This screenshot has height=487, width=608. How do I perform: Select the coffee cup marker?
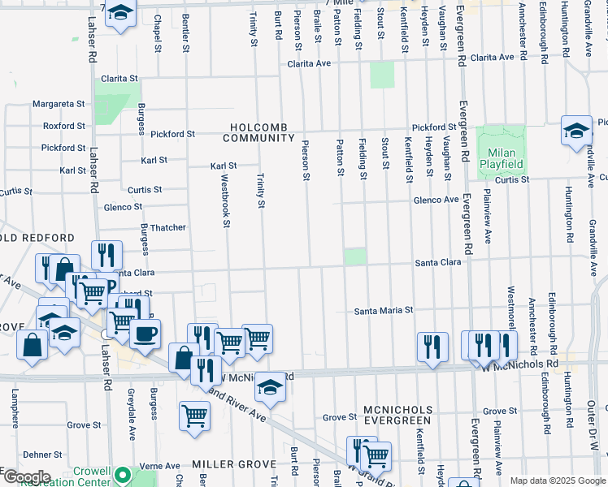[x=145, y=334]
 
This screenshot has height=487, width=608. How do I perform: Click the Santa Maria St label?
[x=384, y=311]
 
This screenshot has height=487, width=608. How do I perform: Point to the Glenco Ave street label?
[x=436, y=200]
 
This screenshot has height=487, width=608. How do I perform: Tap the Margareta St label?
[x=59, y=104]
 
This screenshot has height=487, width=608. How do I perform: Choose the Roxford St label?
[x=63, y=126]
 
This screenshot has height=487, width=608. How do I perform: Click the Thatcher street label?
[x=167, y=228]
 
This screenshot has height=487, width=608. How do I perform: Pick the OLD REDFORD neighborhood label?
[x=39, y=239]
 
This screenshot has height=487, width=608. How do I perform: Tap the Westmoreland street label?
[x=511, y=312]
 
